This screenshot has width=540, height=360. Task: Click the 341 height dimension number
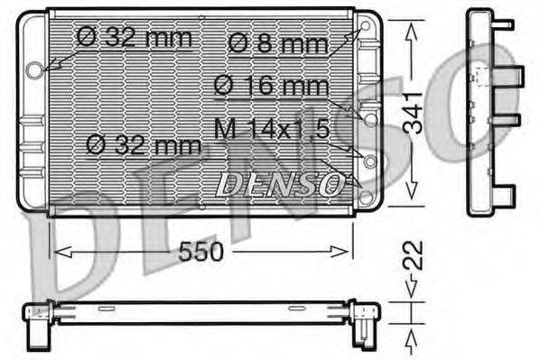click(412, 112)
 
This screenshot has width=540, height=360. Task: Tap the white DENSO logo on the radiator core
click(281, 184)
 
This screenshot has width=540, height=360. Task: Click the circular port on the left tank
click(35, 69)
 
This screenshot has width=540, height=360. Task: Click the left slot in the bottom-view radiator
click(107, 309)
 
